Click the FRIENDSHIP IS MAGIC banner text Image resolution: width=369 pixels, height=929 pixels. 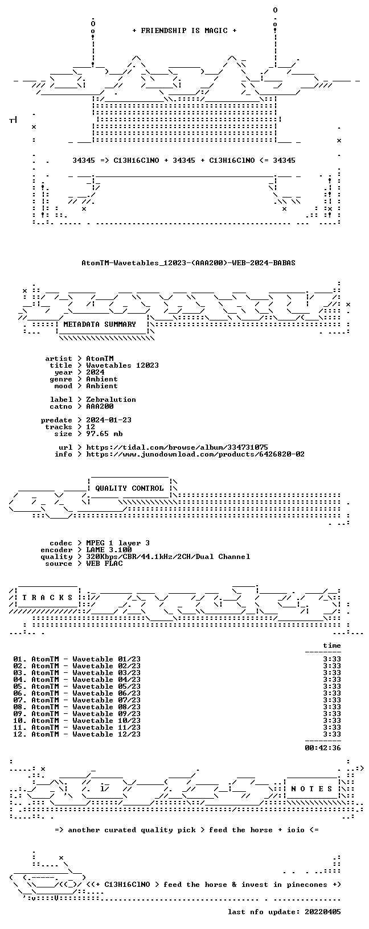click(x=184, y=31)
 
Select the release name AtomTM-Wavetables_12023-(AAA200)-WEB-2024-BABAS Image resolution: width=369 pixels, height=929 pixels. click(x=188, y=262)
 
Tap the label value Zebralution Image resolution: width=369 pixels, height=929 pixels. click(x=111, y=400)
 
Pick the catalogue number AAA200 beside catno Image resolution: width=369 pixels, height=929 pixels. click(x=100, y=406)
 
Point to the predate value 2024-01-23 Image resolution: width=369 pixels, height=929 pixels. click(x=109, y=420)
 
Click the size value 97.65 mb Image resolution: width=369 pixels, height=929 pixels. click(x=104, y=433)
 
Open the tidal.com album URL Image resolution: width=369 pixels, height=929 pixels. click(x=177, y=447)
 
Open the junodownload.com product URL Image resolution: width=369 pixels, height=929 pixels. click(x=195, y=454)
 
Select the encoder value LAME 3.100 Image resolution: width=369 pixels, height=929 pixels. click(x=109, y=550)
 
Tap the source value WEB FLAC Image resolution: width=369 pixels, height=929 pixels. click(x=104, y=564)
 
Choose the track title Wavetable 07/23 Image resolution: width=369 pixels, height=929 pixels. click(x=106, y=700)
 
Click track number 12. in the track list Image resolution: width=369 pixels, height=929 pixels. click(x=20, y=734)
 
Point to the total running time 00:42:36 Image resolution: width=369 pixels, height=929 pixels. click(x=322, y=748)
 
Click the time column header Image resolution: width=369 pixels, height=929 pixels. click(x=331, y=646)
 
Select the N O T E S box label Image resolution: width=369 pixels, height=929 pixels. click(x=311, y=789)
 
